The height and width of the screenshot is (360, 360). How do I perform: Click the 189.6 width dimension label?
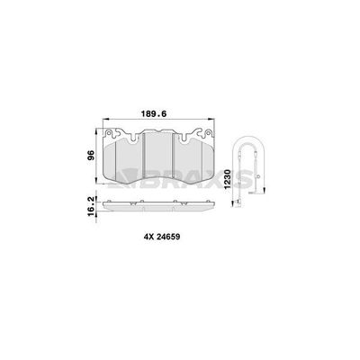click(x=154, y=114)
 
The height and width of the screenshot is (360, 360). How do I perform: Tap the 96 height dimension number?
click(x=91, y=155)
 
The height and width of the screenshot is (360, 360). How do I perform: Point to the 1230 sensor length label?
click(x=228, y=179)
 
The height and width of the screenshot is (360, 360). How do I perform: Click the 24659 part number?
click(x=168, y=237)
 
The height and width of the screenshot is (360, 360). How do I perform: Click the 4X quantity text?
click(x=149, y=237)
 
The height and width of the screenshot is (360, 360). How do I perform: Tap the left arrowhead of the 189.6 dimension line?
click(x=105, y=120)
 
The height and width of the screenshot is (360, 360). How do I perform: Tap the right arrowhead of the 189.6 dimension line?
click(x=211, y=120)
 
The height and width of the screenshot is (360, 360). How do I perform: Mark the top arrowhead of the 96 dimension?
click(x=96, y=131)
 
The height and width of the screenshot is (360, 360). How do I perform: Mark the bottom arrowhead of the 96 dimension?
click(x=96, y=180)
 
